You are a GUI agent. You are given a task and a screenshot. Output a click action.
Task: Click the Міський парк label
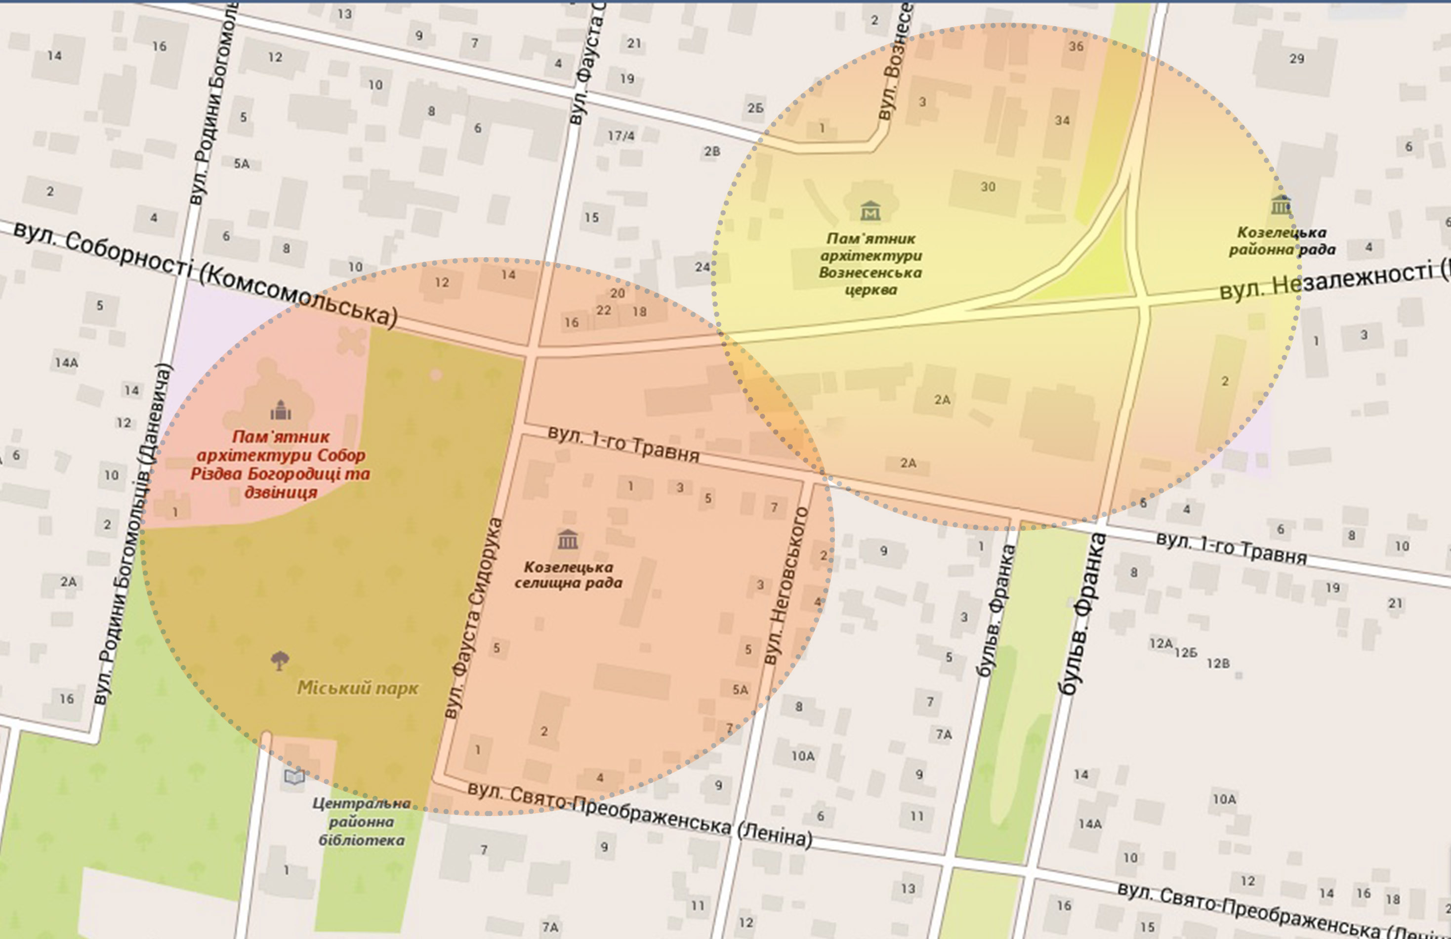point(357,688)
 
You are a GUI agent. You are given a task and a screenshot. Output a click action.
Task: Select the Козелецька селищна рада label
point(568,575)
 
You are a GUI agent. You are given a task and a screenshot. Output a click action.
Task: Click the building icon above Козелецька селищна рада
point(568,539)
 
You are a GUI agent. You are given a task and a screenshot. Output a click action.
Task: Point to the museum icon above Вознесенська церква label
point(870,211)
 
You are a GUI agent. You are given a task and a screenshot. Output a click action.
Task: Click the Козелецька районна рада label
point(1282,241)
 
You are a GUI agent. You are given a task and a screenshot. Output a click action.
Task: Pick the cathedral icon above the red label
point(281,411)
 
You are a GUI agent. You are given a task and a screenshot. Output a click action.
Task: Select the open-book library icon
point(294,776)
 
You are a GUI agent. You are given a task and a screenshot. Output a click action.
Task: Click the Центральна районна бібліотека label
point(361,822)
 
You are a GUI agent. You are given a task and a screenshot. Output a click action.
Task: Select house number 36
point(1076,46)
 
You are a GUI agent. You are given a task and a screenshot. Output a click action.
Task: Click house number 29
point(1297,58)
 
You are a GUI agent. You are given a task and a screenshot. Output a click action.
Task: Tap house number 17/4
point(621,135)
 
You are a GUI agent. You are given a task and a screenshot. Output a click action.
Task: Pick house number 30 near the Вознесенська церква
point(988,187)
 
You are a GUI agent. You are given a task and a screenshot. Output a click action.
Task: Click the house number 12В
point(1217,663)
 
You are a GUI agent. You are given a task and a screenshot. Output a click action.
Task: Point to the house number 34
point(1062,120)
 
